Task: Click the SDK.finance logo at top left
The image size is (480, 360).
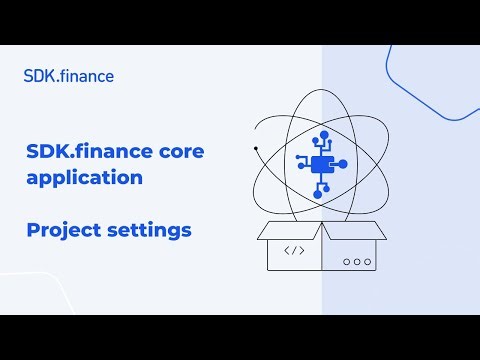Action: pyautogui.click(x=68, y=75)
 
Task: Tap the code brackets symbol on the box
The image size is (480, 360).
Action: pyautogui.click(x=295, y=251)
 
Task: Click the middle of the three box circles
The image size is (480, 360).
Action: pyautogui.click(x=356, y=262)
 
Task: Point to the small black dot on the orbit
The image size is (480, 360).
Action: pyautogui.click(x=256, y=149)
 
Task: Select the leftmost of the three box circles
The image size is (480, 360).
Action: pyautogui.click(x=346, y=262)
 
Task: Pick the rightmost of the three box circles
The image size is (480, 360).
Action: pyautogui.click(x=366, y=262)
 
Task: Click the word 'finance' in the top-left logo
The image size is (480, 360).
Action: pyautogui.click(x=88, y=75)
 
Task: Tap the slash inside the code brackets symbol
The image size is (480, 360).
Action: pyautogui.click(x=295, y=251)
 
